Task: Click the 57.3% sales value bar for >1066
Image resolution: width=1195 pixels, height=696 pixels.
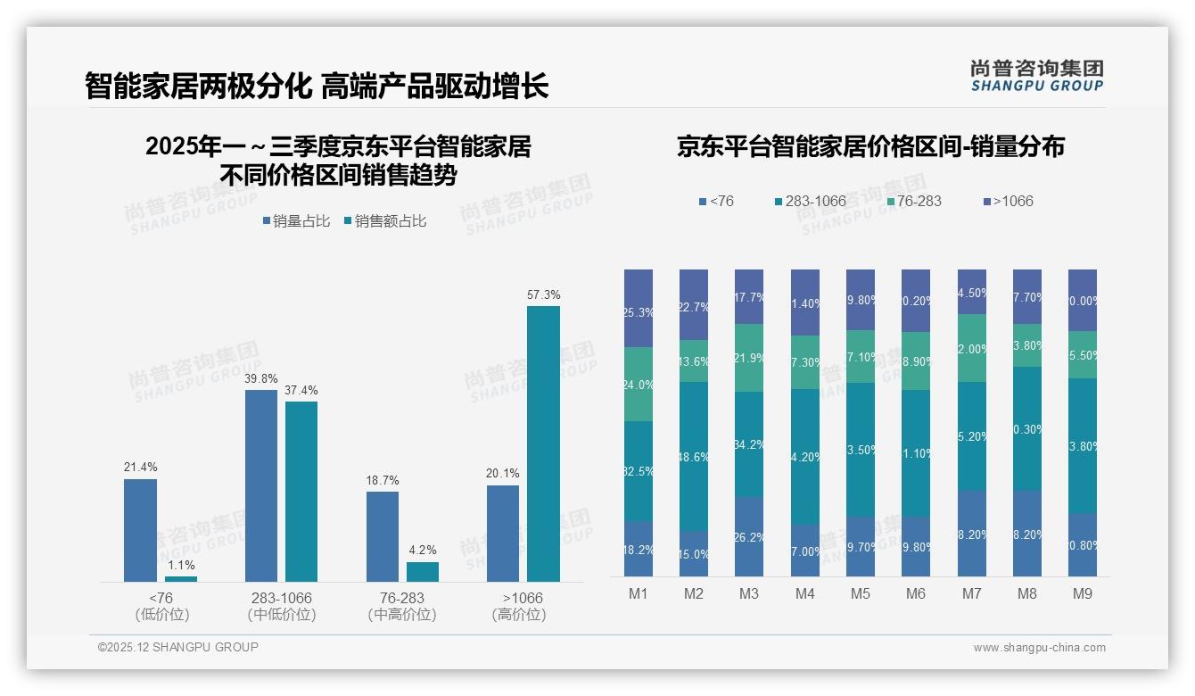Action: click(x=543, y=443)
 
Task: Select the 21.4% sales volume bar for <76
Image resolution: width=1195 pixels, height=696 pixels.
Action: click(x=140, y=530)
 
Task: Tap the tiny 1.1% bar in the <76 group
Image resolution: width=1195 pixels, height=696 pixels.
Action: click(x=181, y=578)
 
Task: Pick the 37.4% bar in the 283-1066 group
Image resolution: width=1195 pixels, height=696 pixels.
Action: click(x=301, y=491)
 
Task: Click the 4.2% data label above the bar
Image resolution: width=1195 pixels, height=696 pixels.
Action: click(x=422, y=551)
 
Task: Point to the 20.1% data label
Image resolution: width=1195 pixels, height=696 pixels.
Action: click(x=503, y=474)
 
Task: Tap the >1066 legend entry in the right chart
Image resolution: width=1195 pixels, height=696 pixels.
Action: click(x=1008, y=201)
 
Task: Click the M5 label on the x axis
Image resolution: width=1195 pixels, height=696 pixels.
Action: click(x=861, y=593)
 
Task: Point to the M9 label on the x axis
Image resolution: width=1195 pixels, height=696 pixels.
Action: click(x=1082, y=593)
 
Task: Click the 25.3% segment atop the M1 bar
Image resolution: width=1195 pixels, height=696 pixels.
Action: click(x=639, y=308)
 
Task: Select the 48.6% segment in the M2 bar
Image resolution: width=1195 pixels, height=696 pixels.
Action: click(x=694, y=456)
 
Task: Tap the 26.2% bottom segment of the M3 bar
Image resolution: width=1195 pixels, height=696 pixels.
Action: click(x=749, y=536)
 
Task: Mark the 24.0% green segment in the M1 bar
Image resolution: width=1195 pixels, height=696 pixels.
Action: click(x=639, y=384)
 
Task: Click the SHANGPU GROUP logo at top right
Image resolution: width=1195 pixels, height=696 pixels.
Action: click(x=1036, y=76)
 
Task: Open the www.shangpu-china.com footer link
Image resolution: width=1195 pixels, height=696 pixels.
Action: click(x=1039, y=648)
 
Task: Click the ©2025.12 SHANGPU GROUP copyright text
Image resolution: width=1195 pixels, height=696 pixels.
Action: click(x=178, y=647)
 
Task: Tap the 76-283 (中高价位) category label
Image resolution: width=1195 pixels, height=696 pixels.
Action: click(x=401, y=606)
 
